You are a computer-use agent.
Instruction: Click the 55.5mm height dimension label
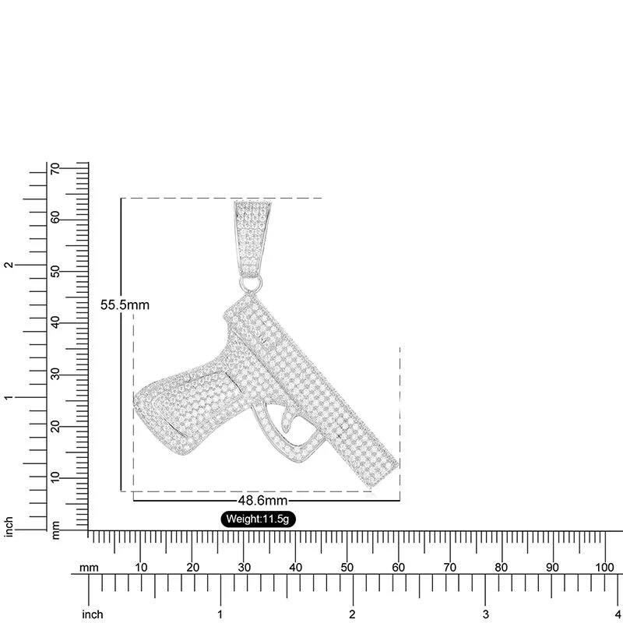[x=125, y=305]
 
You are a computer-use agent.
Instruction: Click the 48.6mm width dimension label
[x=262, y=500]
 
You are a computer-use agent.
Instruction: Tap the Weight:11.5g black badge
[x=258, y=519]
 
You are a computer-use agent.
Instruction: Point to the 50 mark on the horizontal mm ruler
[x=347, y=568]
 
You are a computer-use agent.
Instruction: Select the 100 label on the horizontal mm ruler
[x=604, y=568]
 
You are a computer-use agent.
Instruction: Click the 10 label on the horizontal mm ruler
[x=141, y=568]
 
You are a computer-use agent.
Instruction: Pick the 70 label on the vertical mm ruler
[x=55, y=168]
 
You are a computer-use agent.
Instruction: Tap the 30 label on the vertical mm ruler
[x=55, y=375]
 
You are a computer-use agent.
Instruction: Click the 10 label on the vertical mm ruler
[x=55, y=477]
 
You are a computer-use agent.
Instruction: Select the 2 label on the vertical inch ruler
[x=9, y=265]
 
